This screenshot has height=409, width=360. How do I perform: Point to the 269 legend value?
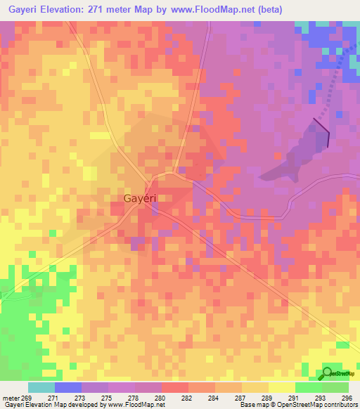[x=27, y=397]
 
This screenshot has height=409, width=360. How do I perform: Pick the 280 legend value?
[x=160, y=397]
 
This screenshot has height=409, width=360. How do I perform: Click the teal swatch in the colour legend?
[x=41, y=387]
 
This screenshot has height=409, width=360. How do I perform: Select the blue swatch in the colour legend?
[x=67, y=387]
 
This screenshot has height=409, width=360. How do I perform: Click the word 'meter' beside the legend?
[x=10, y=397]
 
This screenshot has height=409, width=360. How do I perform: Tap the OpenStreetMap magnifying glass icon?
[x=328, y=373]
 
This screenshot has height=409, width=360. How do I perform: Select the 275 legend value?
[x=106, y=397]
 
